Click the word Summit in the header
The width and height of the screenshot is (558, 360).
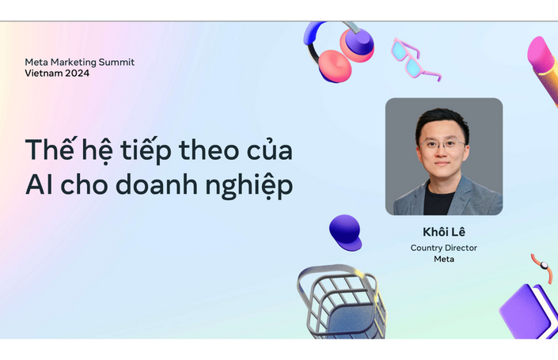[116, 62]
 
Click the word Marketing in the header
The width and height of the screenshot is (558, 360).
[74, 63]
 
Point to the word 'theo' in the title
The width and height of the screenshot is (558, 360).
[209, 150]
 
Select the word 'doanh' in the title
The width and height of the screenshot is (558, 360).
[157, 184]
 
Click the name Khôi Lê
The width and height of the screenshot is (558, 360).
[444, 232]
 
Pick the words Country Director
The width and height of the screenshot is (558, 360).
[444, 248]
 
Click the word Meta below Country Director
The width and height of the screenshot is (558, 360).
[444, 259]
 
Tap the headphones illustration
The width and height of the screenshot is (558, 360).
[338, 51]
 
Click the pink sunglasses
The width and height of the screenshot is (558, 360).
[414, 59]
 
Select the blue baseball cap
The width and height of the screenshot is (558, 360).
[345, 233]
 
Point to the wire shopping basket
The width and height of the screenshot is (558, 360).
[341, 301]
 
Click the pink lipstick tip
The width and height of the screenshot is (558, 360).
[540, 54]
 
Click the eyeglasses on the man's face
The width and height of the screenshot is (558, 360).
[442, 144]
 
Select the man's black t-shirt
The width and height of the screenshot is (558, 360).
[438, 201]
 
